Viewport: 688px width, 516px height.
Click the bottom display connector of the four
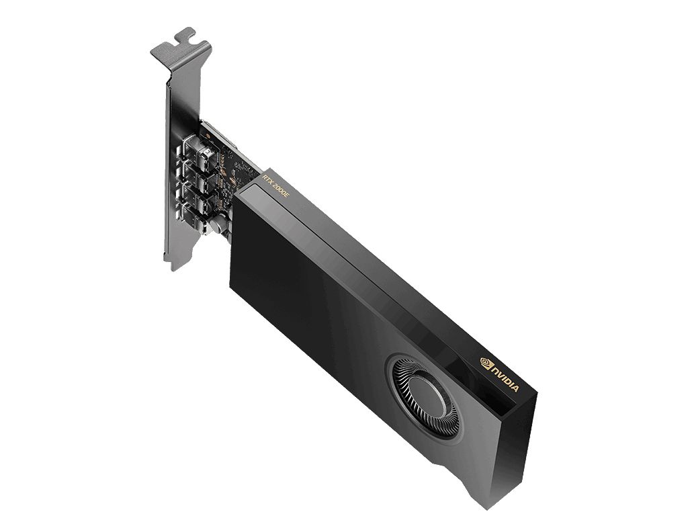[194, 220]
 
